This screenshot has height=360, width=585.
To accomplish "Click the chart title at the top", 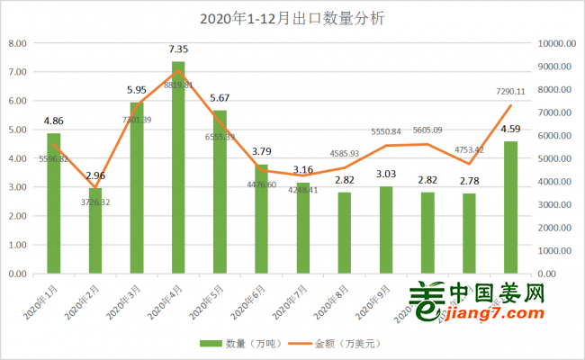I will point(292,18).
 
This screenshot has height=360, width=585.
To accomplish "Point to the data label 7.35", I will point(178,50).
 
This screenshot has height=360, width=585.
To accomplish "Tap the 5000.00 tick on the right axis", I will point(556,158).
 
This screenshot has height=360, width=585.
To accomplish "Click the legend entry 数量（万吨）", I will point(232,344).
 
